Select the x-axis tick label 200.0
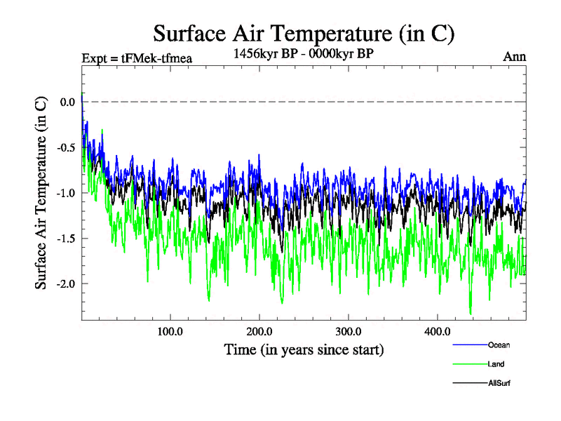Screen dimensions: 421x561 click(x=259, y=331)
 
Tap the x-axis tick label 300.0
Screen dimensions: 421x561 click(x=349, y=331)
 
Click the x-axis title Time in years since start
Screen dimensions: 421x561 click(x=304, y=349)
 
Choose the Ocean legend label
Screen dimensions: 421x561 click(x=499, y=345)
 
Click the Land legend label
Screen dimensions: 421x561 click(x=496, y=364)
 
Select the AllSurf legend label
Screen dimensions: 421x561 click(x=500, y=384)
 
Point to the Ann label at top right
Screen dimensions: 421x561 click(x=514, y=57)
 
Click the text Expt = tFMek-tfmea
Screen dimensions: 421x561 click(x=137, y=58)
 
